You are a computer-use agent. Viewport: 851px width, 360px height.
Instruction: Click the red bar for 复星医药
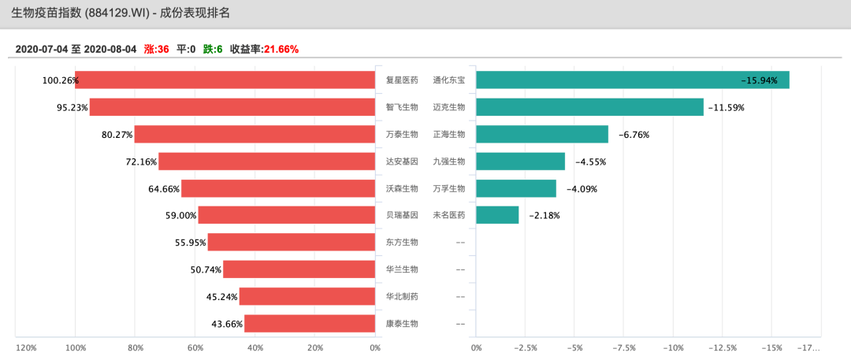[x=225, y=80]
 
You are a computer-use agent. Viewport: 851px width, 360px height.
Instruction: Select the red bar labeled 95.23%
[x=232, y=107]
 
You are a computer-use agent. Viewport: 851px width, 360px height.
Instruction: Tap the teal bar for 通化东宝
[x=632, y=80]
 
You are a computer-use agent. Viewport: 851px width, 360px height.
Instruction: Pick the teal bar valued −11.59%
[x=589, y=107]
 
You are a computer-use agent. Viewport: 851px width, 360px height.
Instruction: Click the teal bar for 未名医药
[x=497, y=215]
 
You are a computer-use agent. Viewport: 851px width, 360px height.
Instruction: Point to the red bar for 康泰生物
[x=309, y=324]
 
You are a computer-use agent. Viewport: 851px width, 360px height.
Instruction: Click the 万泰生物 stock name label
[x=402, y=134]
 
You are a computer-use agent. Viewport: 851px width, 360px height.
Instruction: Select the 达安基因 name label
[x=402, y=161]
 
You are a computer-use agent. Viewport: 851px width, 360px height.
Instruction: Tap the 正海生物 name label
[x=449, y=134]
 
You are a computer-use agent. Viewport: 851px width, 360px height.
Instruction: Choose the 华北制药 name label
[x=402, y=296]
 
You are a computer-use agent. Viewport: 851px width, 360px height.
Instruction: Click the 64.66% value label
[x=164, y=189]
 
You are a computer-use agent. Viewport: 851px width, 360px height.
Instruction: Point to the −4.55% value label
[x=590, y=161]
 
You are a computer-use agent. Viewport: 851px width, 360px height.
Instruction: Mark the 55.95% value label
[x=191, y=243]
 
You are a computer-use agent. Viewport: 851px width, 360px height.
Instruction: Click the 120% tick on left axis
[x=26, y=347]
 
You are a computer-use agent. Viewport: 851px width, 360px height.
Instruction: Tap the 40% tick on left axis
[x=255, y=347]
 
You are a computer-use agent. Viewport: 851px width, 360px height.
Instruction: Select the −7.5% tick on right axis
[x=624, y=347]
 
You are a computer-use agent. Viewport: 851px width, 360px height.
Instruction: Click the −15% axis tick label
[x=772, y=347]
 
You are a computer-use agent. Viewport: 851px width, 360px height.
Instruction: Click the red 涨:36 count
[x=157, y=49]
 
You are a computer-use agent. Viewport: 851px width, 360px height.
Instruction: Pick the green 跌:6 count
[x=213, y=49]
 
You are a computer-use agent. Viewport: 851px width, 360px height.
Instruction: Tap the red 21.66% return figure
[x=281, y=49]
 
